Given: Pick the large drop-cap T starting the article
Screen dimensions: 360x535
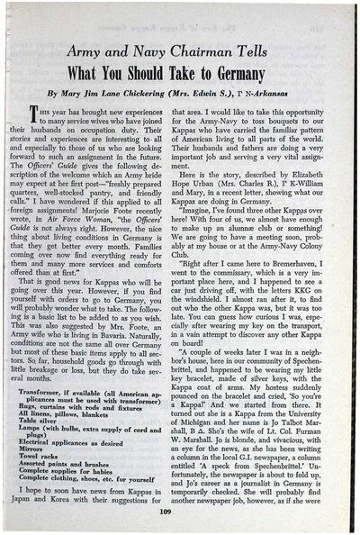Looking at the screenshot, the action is click(33, 113).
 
